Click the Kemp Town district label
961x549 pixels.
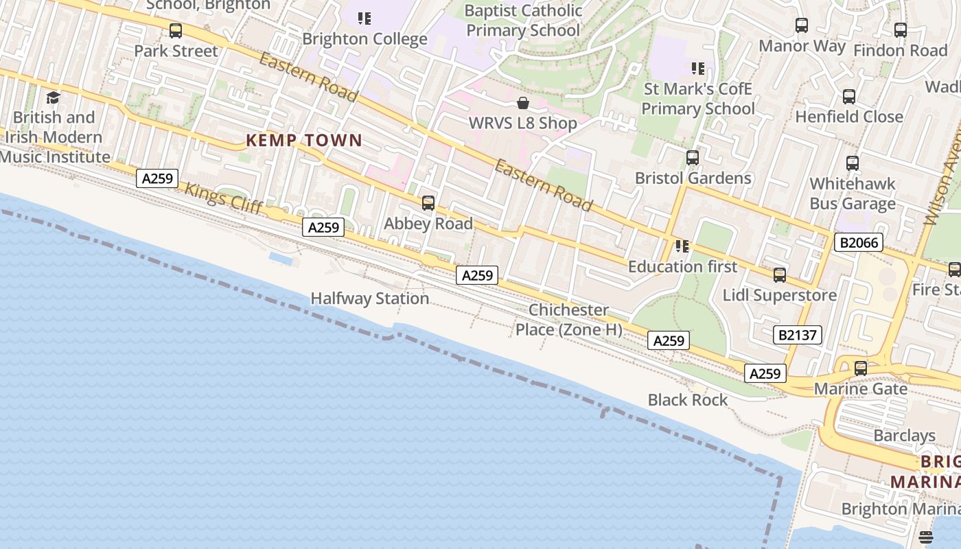tap(304, 141)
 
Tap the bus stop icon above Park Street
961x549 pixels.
tap(176, 31)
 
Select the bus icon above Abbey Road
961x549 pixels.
tap(428, 203)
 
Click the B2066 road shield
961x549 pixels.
tap(858, 242)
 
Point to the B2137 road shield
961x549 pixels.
tap(798, 335)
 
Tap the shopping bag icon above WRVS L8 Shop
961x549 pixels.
tap(523, 103)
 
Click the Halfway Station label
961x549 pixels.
tap(370, 299)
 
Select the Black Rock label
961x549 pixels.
tap(688, 399)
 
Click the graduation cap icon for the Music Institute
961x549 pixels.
tap(53, 98)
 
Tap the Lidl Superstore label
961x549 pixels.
tap(780, 295)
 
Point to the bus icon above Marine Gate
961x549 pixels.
tap(861, 369)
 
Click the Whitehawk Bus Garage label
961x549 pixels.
tap(853, 194)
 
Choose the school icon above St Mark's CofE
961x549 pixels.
tap(698, 69)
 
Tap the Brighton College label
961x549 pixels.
tap(364, 39)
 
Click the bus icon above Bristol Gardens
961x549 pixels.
tap(693, 158)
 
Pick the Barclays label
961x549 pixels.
tap(904, 436)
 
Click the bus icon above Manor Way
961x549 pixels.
tap(802, 26)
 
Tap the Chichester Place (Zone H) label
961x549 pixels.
tap(569, 320)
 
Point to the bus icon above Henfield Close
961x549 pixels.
tap(849, 97)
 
